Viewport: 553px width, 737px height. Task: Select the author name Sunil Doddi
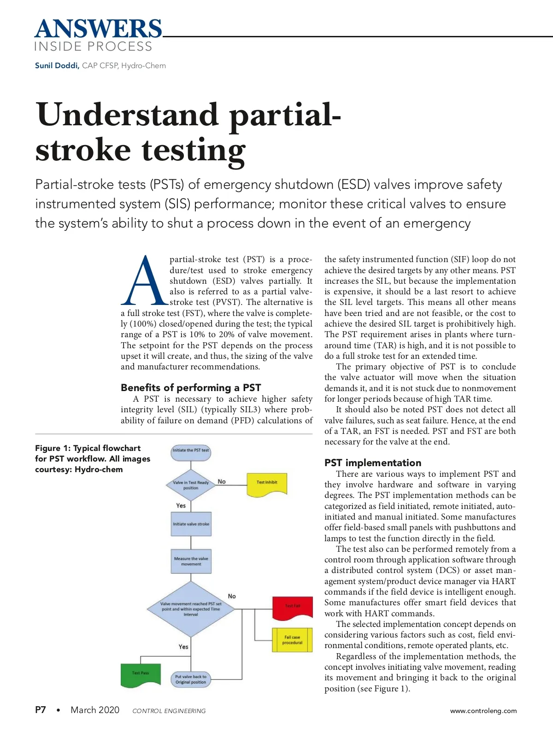tap(57, 65)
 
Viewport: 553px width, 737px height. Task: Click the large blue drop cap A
tap(144, 281)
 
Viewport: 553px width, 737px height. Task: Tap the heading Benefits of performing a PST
tap(191, 387)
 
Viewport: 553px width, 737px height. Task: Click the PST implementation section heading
tap(372, 462)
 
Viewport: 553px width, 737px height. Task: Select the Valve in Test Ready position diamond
tap(191, 485)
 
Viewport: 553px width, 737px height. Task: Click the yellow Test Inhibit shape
tap(267, 484)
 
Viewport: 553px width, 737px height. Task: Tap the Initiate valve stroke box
tap(191, 524)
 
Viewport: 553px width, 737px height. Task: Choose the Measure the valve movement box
tap(191, 561)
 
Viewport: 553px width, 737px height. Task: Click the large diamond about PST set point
tap(191, 609)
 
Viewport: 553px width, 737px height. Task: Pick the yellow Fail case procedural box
tap(292, 640)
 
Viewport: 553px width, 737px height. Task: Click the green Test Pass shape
tap(141, 674)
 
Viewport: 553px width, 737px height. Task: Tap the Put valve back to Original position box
tap(191, 679)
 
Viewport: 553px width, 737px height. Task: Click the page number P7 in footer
tap(41, 710)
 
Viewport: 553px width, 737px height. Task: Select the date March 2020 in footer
tap(95, 710)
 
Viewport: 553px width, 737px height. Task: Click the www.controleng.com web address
tap(483, 711)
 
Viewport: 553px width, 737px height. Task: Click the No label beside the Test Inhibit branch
tap(222, 481)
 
